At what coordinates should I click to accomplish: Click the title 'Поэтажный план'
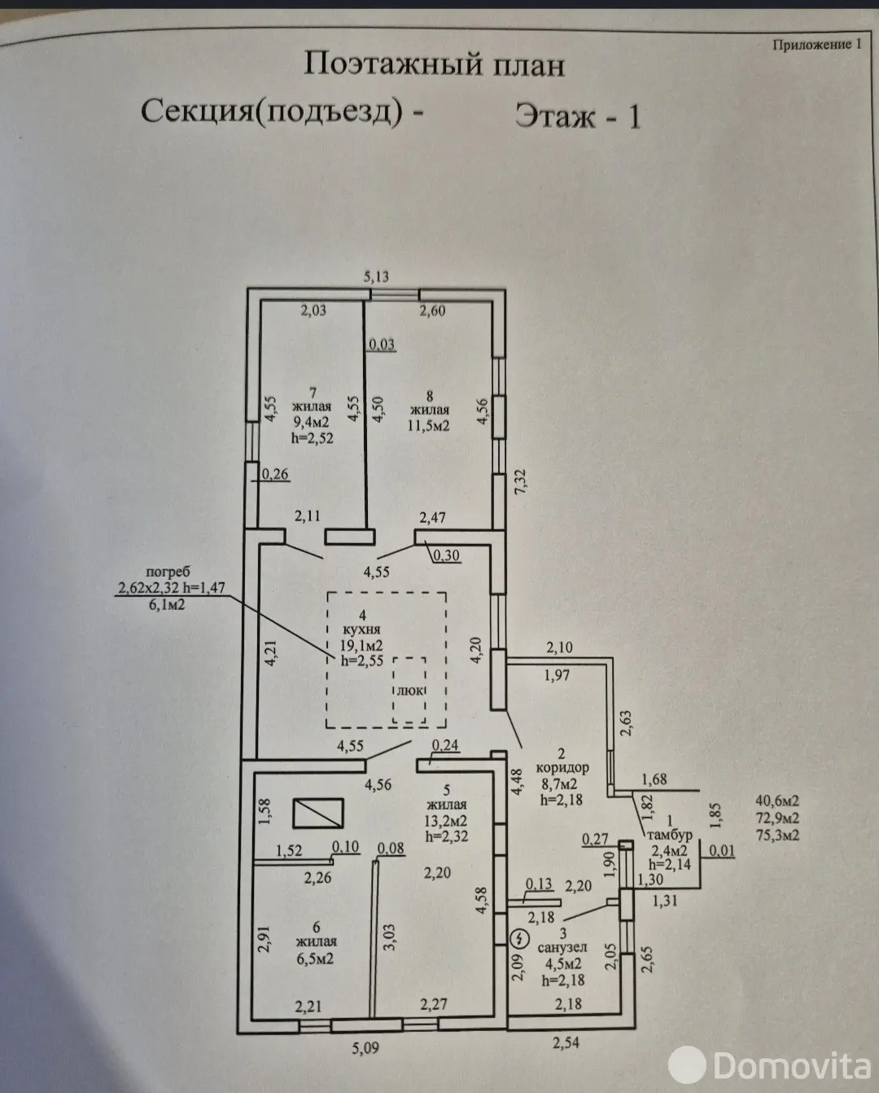point(434,64)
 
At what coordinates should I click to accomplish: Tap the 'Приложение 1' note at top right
point(816,45)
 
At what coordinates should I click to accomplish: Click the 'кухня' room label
point(361,630)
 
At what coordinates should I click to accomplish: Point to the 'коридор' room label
point(562,768)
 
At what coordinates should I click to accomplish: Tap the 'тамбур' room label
point(668,835)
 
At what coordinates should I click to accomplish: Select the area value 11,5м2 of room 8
point(431,426)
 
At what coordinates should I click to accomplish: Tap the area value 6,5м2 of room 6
point(317,959)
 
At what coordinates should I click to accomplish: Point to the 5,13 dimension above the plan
point(376,277)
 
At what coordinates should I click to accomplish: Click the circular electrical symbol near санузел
point(515,939)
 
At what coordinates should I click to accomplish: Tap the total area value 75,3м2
point(776,835)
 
